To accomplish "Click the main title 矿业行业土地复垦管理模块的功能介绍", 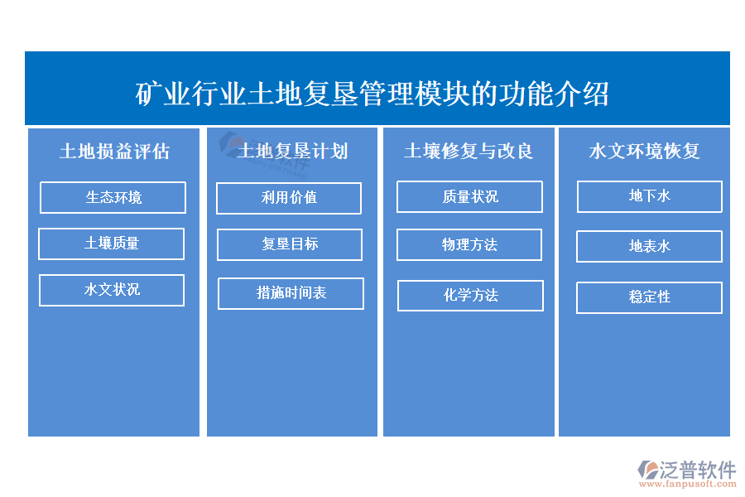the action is (x=372, y=94).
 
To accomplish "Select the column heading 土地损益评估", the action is (x=114, y=152).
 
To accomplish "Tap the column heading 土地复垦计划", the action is (x=293, y=151).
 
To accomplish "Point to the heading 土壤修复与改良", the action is (x=469, y=151).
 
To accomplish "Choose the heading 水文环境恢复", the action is (x=644, y=151).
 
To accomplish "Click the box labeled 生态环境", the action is (x=113, y=197).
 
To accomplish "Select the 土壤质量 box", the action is (x=111, y=244).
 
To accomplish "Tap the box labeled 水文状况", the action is (x=112, y=290).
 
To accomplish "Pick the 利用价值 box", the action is (x=289, y=198).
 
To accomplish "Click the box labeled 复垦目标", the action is (x=290, y=244).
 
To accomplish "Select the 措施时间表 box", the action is (x=291, y=293).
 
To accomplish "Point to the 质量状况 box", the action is (x=469, y=196).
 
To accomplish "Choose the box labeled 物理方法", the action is (x=469, y=244).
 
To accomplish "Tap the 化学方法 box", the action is (x=470, y=296).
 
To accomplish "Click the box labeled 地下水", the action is (x=650, y=196).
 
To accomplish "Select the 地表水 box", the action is (x=650, y=246).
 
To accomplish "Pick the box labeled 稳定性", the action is (x=650, y=297).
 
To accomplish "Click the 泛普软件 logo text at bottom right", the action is (x=698, y=470).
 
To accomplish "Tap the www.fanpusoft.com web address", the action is (x=688, y=484).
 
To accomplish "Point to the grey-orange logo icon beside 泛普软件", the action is (x=648, y=470).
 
